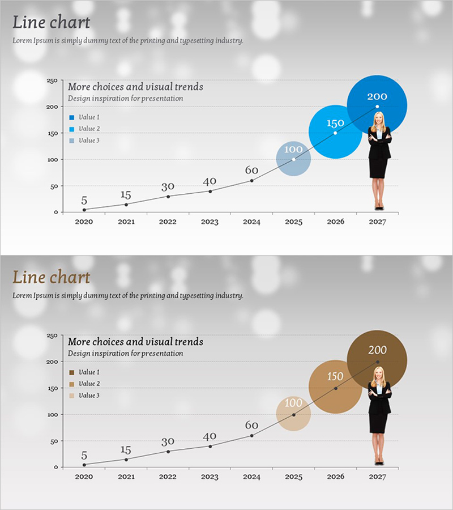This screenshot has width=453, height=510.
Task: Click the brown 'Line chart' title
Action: pos(51,277)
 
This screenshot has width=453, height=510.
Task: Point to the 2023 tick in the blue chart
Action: pos(210,222)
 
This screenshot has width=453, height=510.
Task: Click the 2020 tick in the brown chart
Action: pos(84,477)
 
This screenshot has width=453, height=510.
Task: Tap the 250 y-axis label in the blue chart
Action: pos(52,81)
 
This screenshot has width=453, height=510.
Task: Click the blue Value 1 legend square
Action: pos(72,117)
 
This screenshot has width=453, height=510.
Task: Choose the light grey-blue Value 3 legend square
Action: pos(72,141)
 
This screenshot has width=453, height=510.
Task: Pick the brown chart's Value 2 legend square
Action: pos(72,384)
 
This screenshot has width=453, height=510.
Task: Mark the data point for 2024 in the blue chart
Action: pos(251,180)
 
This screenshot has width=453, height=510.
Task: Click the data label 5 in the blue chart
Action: pos(84,201)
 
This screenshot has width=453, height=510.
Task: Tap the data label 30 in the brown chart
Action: pos(168,441)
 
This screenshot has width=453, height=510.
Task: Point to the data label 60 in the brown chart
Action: pos(251,425)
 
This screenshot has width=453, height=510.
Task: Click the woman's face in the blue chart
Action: pos(379,119)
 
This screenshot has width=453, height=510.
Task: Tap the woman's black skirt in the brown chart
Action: pos(378,422)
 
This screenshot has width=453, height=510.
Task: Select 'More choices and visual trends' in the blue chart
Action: pos(135,87)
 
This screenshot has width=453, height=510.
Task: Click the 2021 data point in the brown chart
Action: pos(126,459)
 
